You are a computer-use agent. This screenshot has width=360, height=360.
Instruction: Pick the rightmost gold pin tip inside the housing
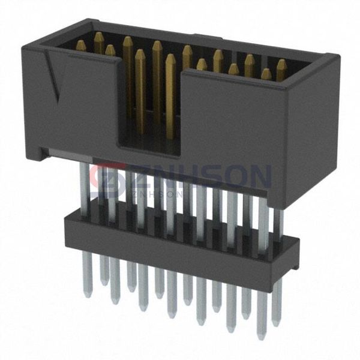click(281, 63)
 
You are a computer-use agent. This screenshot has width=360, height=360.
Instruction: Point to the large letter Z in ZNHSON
click(140, 177)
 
